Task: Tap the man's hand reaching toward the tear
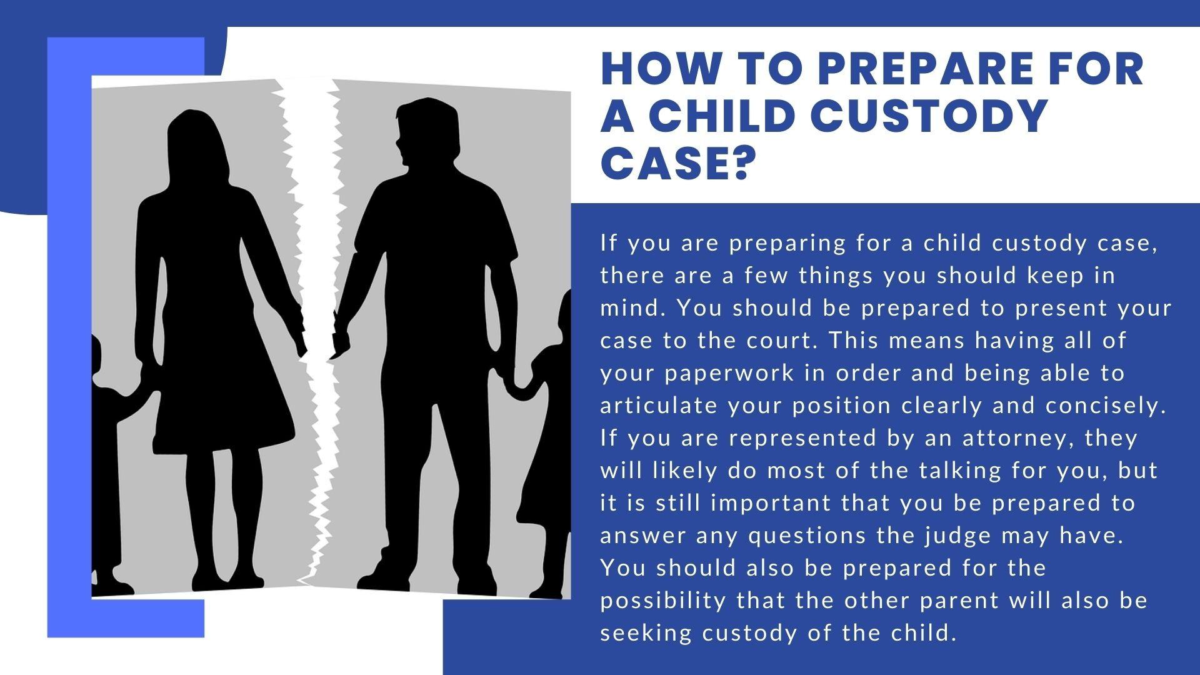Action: pos(341,337)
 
